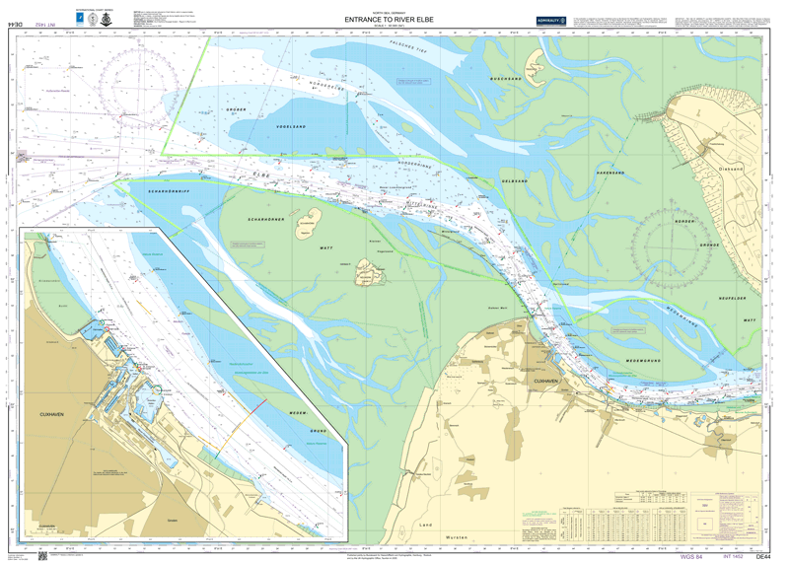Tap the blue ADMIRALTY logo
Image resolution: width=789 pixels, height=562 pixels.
(x=550, y=20)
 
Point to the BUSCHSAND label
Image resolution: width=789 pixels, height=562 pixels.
(x=519, y=77)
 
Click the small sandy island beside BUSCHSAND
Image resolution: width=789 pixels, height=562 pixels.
(x=534, y=66)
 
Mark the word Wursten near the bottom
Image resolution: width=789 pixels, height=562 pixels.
(x=457, y=537)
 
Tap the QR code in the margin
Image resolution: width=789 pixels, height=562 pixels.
(x=42, y=555)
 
